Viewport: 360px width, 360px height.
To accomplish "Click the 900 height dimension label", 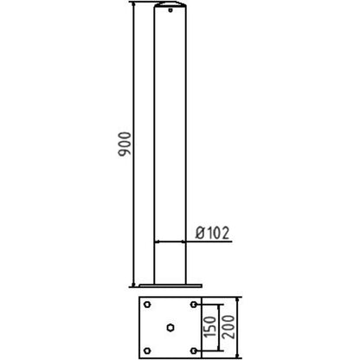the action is pos(125,145).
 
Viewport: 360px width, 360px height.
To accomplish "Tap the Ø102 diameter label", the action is pos(213,233).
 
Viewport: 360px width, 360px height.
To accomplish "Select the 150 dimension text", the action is pos(210,327).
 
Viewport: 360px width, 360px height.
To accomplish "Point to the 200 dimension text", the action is pos(228,327).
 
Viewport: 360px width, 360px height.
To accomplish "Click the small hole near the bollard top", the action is pos(170,10).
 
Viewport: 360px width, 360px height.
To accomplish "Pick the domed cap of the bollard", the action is pos(170,4).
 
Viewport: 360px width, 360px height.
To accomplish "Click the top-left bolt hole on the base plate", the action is pos(147,305).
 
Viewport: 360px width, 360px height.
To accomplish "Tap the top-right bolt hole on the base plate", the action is pos(194,305).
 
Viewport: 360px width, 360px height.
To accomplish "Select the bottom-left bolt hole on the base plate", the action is pos(147,350).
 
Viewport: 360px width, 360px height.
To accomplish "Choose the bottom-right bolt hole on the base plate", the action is pos(194,350).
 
